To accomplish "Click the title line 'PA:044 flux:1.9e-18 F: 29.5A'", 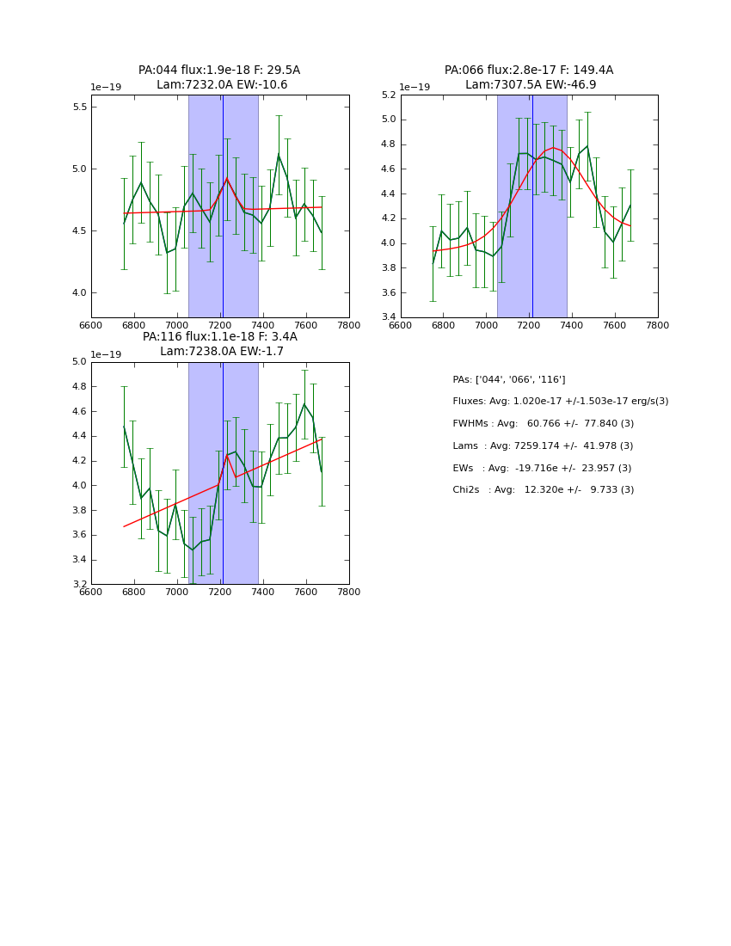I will (x=219, y=71).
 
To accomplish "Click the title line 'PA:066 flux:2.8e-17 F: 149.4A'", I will (x=529, y=71).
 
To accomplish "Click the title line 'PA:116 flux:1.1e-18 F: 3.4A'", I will (x=219, y=337).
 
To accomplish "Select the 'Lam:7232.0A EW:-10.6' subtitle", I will (x=222, y=85).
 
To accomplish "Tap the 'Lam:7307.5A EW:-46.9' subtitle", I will (x=531, y=85).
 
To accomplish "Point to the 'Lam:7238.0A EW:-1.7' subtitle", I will (x=222, y=352).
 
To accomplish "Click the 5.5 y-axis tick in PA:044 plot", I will (x=79, y=107).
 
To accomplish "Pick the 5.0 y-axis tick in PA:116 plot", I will (x=79, y=362).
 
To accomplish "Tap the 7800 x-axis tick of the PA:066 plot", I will (x=657, y=324).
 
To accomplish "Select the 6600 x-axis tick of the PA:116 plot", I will (x=91, y=592).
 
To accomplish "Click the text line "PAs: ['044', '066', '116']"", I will (x=509, y=379).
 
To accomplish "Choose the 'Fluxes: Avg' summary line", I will (x=560, y=402).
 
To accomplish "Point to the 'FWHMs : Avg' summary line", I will (x=543, y=424).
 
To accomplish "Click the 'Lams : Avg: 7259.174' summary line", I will (x=543, y=446).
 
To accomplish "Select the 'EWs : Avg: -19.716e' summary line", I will (x=543, y=468).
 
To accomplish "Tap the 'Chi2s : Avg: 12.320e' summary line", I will (x=543, y=490).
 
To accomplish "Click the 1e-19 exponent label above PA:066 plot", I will (x=415, y=88).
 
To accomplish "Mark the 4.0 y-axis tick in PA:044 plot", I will (x=79, y=293).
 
